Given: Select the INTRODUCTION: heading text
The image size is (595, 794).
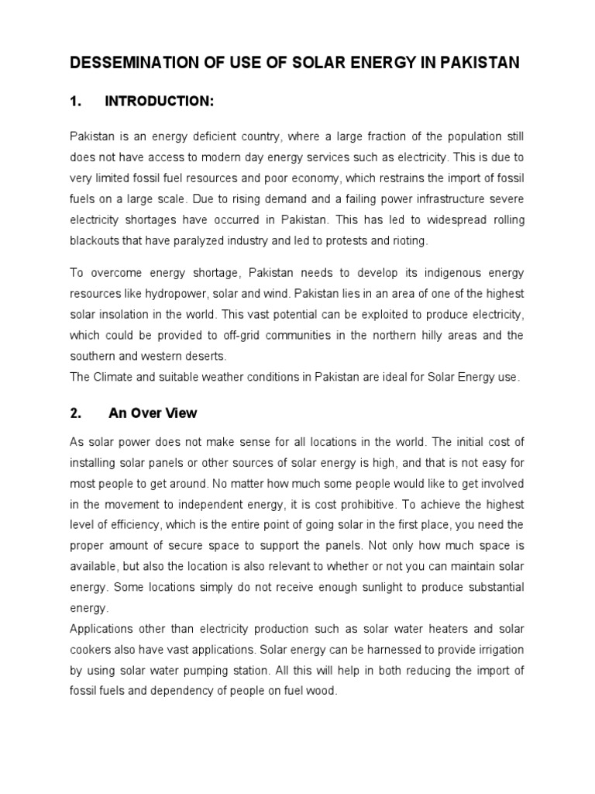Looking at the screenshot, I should click(160, 102).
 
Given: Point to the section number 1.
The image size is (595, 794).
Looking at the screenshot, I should click(76, 102).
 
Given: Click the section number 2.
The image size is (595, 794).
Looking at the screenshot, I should click(76, 413).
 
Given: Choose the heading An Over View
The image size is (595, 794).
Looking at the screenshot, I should click(153, 413).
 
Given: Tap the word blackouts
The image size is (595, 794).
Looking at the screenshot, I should click(95, 241).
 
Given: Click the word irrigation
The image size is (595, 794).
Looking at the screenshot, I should click(499, 650).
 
